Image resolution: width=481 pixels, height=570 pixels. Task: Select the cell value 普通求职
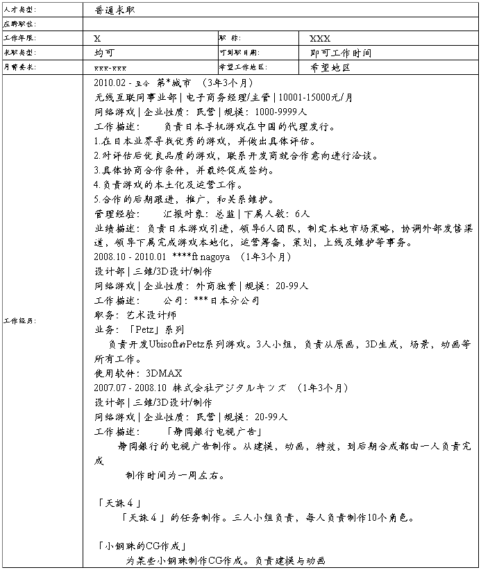click(x=116, y=10)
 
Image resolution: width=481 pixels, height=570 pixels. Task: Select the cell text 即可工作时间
click(x=340, y=53)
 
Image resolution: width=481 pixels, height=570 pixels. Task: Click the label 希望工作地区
click(x=242, y=67)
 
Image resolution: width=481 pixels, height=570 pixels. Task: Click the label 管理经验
click(x=117, y=214)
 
